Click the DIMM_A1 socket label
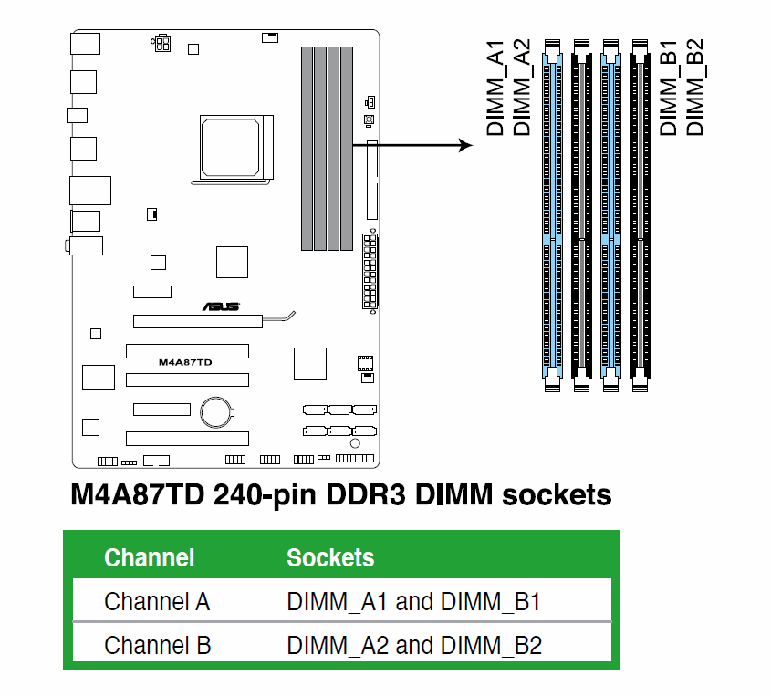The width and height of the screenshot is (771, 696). pyautogui.click(x=495, y=88)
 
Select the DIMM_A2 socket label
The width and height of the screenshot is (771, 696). pyautogui.click(x=522, y=88)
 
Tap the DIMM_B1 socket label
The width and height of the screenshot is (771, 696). pyautogui.click(x=669, y=88)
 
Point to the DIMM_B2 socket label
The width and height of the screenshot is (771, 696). pyautogui.click(x=695, y=88)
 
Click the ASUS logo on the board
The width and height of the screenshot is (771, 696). pyautogui.click(x=221, y=307)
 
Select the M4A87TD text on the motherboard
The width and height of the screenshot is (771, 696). pyautogui.click(x=185, y=362)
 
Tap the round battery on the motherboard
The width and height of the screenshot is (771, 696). pyautogui.click(x=217, y=410)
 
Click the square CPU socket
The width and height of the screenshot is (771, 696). pyautogui.click(x=235, y=148)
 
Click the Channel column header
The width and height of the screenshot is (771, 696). pyautogui.click(x=149, y=557)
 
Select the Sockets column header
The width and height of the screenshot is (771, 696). pyautogui.click(x=330, y=557)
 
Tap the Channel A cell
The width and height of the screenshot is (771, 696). pyautogui.click(x=157, y=602)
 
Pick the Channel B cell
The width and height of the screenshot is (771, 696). pyautogui.click(x=157, y=646)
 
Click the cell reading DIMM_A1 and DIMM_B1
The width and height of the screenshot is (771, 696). pyautogui.click(x=414, y=602)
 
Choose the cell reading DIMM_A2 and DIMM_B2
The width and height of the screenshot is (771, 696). pyautogui.click(x=414, y=646)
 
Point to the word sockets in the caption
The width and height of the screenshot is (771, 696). pyautogui.click(x=552, y=496)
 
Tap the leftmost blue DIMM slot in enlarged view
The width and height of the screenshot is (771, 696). pyautogui.click(x=551, y=215)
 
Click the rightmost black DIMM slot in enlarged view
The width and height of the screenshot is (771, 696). pyautogui.click(x=639, y=215)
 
